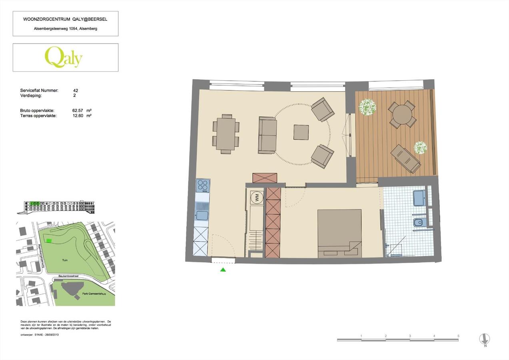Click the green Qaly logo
64,57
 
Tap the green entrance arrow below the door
223,270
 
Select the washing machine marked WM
255,197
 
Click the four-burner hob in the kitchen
203,186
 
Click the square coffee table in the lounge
301,132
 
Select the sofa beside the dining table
267,135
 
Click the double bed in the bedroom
339,233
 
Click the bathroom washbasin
419,198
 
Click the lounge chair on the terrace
405,158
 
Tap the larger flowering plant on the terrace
367,107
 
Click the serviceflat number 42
76,91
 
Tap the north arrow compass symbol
485,339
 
